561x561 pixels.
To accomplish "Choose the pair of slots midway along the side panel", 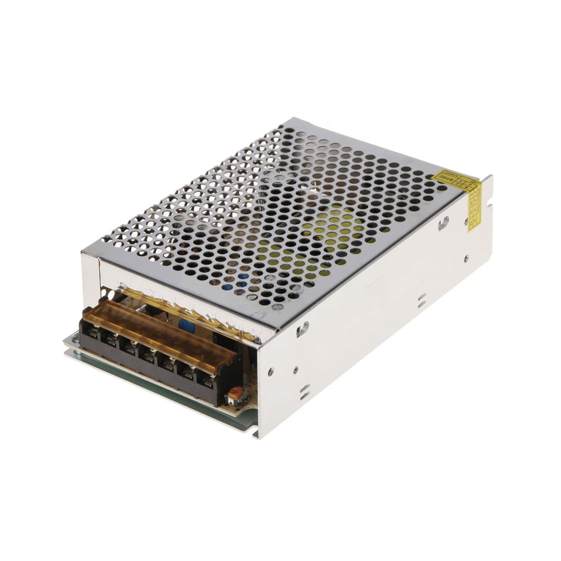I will pyautogui.click(x=422, y=300).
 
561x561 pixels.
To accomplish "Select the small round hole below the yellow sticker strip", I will pyautogui.click(x=466, y=257).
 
